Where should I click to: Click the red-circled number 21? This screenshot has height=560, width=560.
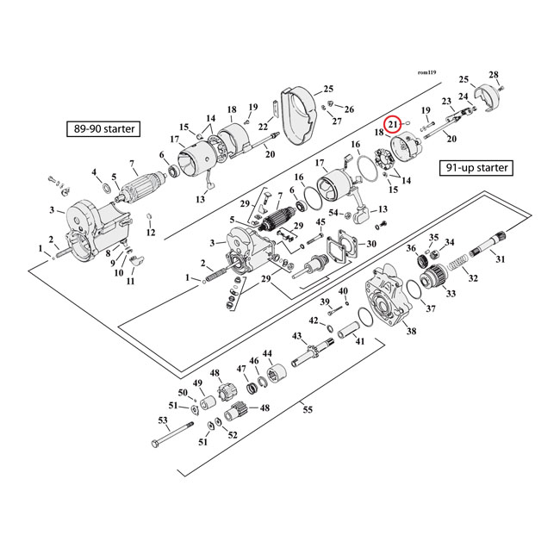393,124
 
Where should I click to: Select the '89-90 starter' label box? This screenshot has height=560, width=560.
104,129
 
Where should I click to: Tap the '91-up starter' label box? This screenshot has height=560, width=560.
475,167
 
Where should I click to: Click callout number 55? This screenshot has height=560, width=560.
308,410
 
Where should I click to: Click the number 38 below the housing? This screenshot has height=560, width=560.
411,331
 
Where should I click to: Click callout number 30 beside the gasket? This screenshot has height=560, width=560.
370,244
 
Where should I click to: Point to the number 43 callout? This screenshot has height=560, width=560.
296,335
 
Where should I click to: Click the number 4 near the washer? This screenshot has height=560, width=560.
95,172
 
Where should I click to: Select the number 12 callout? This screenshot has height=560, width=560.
151,233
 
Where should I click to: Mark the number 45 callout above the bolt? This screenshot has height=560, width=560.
320,222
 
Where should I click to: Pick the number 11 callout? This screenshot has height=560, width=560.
131,282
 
